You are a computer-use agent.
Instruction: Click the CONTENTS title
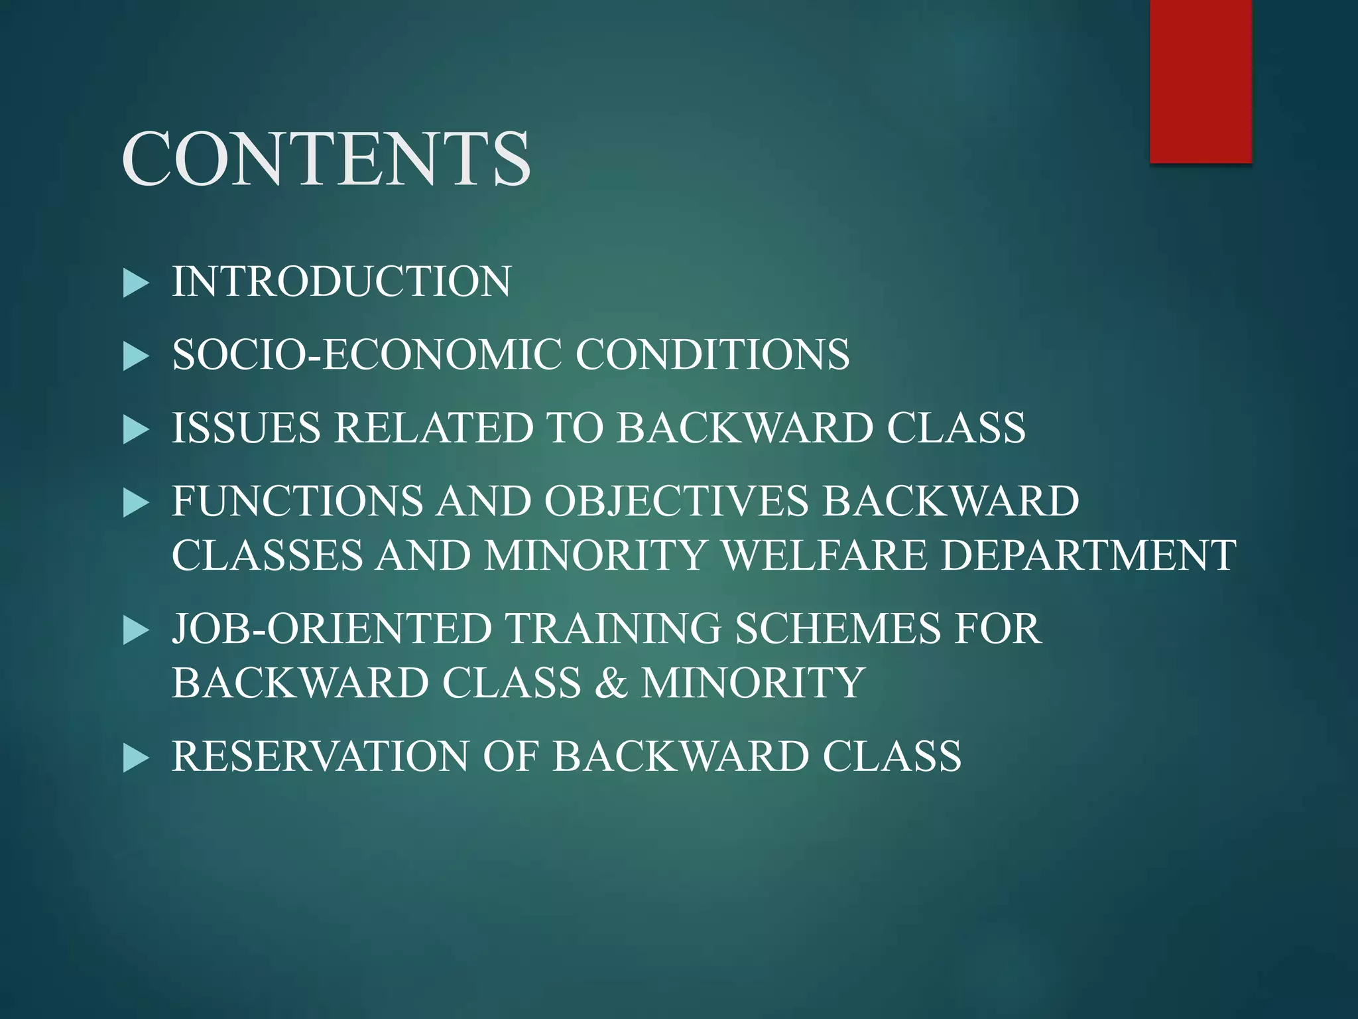pos(326,159)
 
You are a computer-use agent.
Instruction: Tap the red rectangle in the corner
pos(1200,81)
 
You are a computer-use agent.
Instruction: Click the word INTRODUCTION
pos(341,281)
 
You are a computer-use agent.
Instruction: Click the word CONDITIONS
pos(712,354)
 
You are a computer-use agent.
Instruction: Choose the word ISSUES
pos(247,427)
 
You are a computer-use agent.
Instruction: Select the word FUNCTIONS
pos(297,501)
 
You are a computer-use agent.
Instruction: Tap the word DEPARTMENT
pos(1088,555)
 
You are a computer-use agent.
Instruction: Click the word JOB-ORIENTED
pos(332,628)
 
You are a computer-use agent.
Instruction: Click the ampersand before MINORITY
pos(611,683)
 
